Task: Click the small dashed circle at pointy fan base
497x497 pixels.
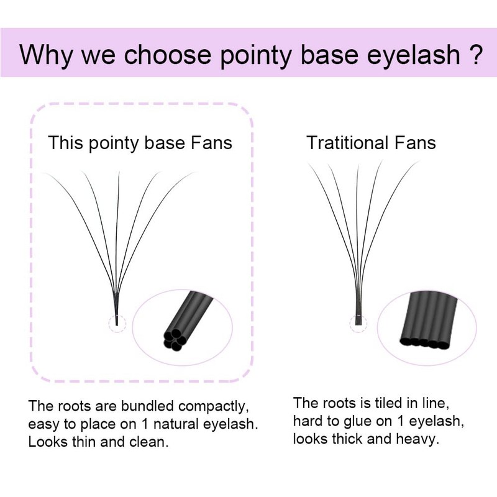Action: point(117,322)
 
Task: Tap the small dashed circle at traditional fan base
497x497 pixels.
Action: point(358,322)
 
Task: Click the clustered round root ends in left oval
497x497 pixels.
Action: point(173,340)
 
